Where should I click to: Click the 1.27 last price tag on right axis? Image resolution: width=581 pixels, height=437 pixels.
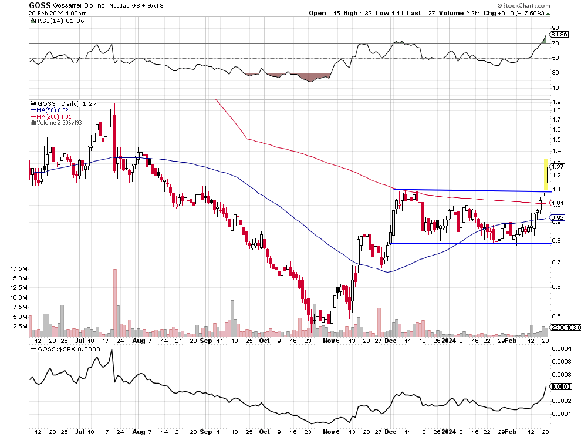coord(558,167)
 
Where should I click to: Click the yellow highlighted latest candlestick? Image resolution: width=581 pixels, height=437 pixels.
coord(546,173)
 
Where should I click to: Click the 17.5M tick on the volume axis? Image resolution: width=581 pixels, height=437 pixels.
coord(19,268)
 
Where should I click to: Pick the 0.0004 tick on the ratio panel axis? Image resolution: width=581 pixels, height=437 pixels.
coord(562,349)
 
